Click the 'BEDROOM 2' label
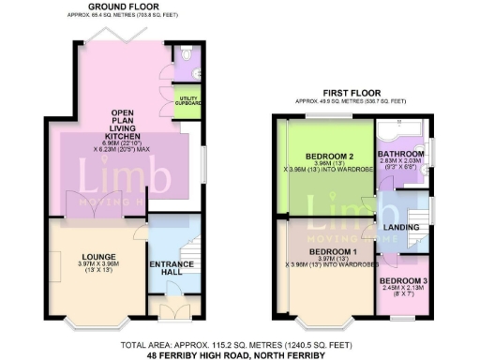(328, 157)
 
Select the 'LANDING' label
(401, 227)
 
